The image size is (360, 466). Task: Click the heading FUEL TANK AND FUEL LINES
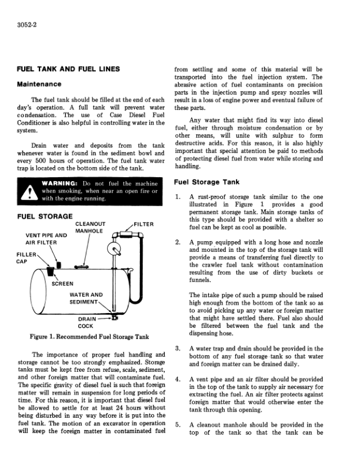(x=68, y=69)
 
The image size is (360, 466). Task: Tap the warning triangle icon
(x=27, y=191)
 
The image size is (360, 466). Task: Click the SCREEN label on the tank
(x=64, y=284)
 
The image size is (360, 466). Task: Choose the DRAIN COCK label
(x=86, y=322)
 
